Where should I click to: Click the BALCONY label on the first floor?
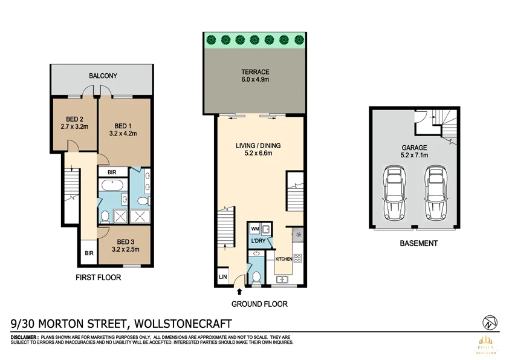pyautogui.click(x=103, y=76)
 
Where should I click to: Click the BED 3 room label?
pyautogui.click(x=126, y=240)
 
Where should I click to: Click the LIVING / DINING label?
pyautogui.click(x=258, y=145)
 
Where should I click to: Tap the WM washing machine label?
pyautogui.click(x=254, y=229)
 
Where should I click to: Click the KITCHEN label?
pyautogui.click(x=284, y=259)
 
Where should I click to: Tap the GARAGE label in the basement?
pyautogui.click(x=415, y=147)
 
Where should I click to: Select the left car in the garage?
pyautogui.click(x=395, y=194)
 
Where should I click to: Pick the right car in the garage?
pyautogui.click(x=435, y=194)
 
